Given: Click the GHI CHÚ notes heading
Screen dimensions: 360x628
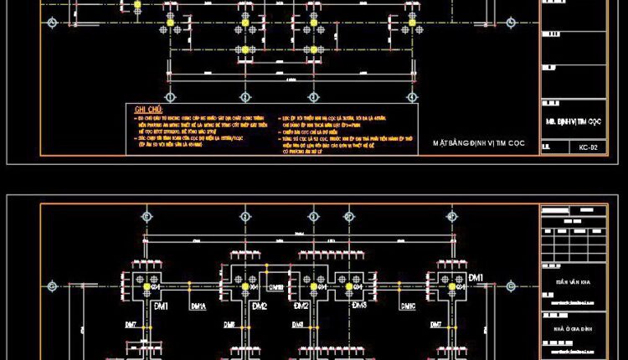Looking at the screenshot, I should (148, 110).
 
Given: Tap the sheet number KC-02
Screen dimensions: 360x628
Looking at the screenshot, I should (588, 148).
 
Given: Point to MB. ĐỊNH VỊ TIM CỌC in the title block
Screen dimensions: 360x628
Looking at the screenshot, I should (574, 121).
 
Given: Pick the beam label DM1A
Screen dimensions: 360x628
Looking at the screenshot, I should (198, 306).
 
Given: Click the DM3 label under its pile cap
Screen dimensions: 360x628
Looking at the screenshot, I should (359, 306).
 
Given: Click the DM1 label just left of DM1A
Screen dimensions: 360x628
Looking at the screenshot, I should (160, 306).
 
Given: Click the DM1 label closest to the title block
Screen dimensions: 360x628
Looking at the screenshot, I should (476, 277).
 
